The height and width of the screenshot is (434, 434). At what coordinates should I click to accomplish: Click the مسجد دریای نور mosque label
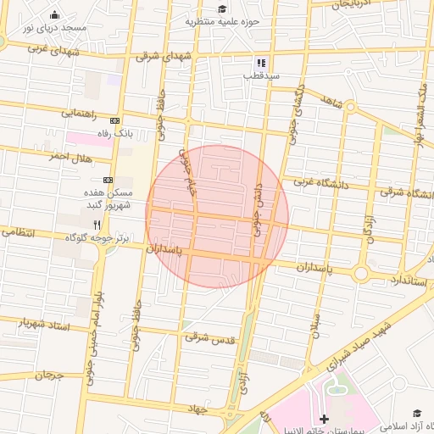click(55, 28)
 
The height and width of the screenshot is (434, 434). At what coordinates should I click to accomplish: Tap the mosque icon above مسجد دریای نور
click(55, 14)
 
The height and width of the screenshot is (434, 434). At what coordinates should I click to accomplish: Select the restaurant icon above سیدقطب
click(261, 62)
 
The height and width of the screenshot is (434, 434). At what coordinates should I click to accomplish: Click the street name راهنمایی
click(78, 113)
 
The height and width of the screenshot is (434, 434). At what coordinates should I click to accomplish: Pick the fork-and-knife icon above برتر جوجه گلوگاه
click(96, 225)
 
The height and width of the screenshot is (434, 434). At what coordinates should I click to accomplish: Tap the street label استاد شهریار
click(39, 323)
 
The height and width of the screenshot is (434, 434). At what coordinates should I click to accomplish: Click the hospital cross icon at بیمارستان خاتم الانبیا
click(325, 419)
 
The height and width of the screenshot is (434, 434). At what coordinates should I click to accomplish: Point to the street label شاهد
click(330, 102)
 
